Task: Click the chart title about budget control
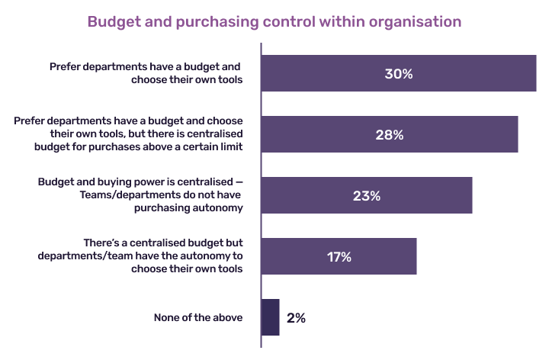pos(274,21)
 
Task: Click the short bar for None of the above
pos(270,317)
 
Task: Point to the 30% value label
pos(398,74)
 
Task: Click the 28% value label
pos(389,135)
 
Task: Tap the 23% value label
pos(366,196)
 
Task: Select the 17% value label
pos(339,257)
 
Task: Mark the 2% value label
pos(296,318)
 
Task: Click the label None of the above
pos(198,317)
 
